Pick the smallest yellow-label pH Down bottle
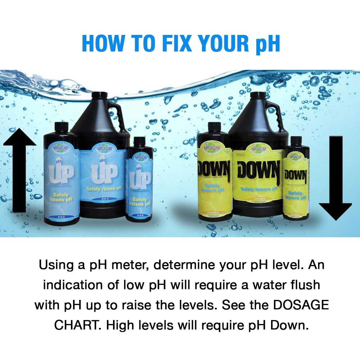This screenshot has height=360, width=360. click(296, 180)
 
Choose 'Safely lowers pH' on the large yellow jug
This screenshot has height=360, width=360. click(258, 189)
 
